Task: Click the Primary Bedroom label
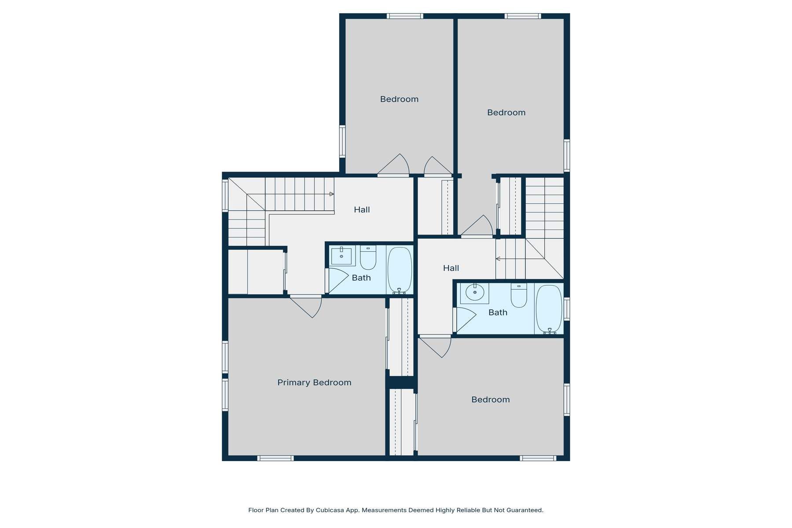314,382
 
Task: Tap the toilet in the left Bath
368,258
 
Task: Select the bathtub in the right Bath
549,309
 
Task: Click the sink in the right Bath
474,293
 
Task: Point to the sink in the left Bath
341,255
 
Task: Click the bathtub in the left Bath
400,270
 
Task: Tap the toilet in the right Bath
519,295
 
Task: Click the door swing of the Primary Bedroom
308,307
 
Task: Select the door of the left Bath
337,280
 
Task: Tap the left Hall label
362,210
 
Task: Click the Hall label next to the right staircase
451,268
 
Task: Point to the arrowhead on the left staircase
331,194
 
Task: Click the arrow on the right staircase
498,259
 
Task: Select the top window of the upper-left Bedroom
405,16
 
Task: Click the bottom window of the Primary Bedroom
275,458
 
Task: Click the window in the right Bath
567,309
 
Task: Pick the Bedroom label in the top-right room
506,113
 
